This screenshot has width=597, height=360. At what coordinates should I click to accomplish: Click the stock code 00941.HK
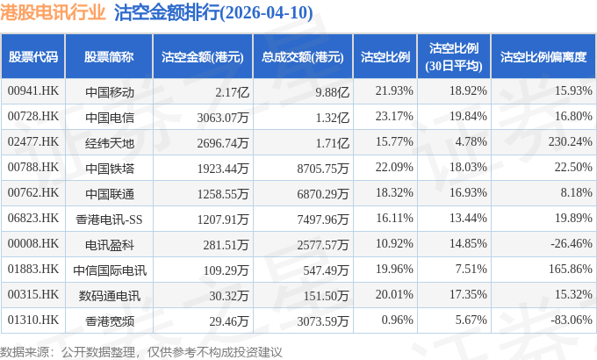pyautogui.click(x=33, y=91)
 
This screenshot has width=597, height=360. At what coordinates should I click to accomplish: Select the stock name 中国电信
pyautogui.click(x=110, y=118)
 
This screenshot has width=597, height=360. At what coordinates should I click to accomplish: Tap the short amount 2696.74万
pyautogui.click(x=223, y=143)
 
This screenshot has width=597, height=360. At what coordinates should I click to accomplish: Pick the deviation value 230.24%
pyautogui.click(x=571, y=141)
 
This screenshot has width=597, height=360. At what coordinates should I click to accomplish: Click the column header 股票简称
pyautogui.click(x=109, y=57)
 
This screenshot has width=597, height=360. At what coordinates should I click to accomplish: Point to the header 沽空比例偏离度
pyautogui.click(x=543, y=57)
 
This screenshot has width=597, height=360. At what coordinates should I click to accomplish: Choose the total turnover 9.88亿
pyautogui.click(x=332, y=92)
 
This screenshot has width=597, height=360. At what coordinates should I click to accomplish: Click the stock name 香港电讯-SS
pyautogui.click(x=109, y=220)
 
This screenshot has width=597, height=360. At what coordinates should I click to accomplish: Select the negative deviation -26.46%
pyautogui.click(x=572, y=243)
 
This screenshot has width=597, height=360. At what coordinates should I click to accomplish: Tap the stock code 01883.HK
pyautogui.click(x=33, y=269)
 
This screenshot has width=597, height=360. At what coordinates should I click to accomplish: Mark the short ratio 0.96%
pyautogui.click(x=397, y=320)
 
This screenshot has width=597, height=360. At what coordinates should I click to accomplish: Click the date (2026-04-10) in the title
pyautogui.click(x=267, y=12)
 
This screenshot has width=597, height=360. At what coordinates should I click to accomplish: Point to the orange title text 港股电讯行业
pyautogui.click(x=53, y=12)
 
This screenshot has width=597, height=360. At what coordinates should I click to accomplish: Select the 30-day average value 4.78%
pyautogui.click(x=471, y=141)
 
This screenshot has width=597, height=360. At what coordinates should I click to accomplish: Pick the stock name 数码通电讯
pyautogui.click(x=110, y=296)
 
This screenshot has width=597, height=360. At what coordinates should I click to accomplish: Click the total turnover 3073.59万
pyautogui.click(x=323, y=321)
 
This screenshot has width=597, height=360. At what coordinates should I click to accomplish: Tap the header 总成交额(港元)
pyautogui.click(x=303, y=57)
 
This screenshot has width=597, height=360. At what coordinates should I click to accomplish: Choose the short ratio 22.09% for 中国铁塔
pyautogui.click(x=394, y=167)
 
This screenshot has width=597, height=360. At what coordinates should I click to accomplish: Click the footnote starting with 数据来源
pyautogui.click(x=141, y=352)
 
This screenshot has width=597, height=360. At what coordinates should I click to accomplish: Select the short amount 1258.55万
pyautogui.click(x=223, y=194)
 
